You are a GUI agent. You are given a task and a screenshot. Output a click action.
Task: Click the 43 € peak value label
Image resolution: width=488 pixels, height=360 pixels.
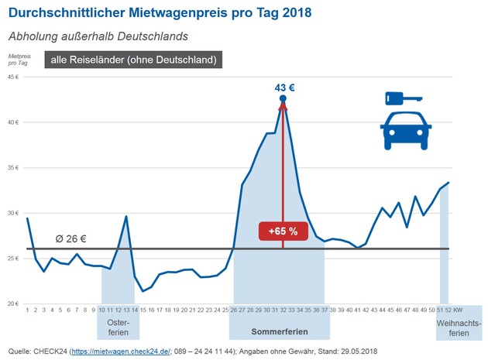pos(284,87)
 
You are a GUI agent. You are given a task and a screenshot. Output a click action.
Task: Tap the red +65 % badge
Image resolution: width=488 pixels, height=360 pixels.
pos(282,230)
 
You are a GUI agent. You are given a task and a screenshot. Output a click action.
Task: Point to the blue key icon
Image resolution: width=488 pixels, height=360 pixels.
pos(402,98)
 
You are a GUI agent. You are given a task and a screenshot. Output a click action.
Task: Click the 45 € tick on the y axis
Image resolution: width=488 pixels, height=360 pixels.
pos(13,77)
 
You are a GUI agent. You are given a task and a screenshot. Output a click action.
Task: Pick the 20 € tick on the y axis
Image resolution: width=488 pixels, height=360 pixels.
pos(13,303)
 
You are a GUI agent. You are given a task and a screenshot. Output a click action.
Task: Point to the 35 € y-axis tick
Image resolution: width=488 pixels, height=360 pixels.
pos(13,167)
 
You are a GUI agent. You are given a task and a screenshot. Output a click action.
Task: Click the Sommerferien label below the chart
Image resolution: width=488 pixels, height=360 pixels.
pos(280,331)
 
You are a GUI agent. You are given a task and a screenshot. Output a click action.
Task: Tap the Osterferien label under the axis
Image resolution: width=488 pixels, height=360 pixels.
pos(119,327)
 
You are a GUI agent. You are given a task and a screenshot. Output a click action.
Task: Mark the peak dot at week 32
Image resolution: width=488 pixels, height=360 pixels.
pos(283,99)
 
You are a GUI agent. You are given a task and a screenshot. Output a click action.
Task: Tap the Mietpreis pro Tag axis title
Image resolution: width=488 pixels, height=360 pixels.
pos(19,60)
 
